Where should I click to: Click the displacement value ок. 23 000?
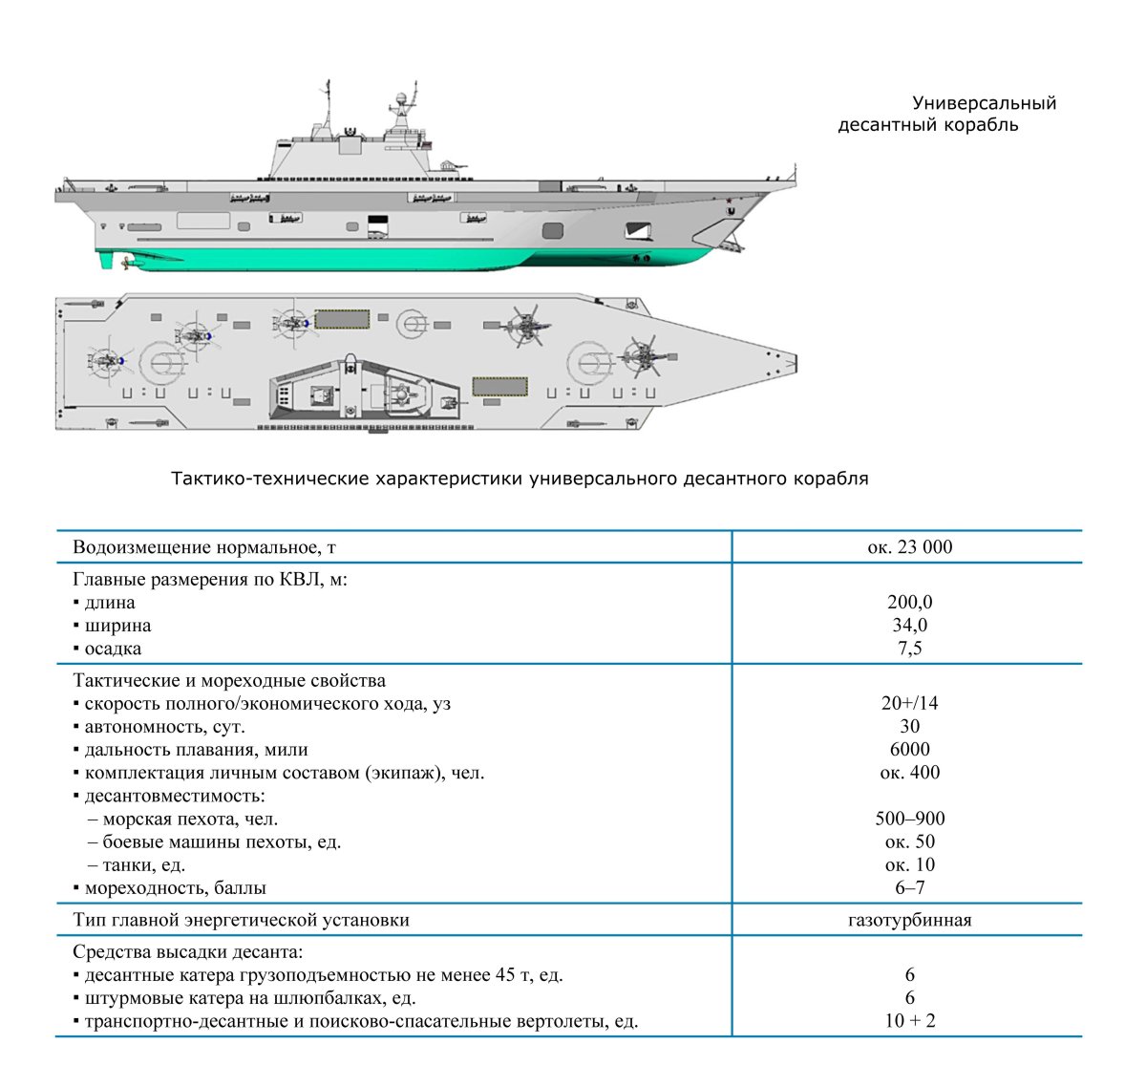[x=909, y=547]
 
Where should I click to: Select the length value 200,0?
[x=909, y=603]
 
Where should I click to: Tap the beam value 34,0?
[x=909, y=626]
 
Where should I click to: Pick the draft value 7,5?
[x=909, y=649]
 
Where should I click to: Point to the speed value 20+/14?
[x=909, y=703]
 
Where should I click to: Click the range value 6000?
[x=909, y=750]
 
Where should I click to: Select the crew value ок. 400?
[x=909, y=773]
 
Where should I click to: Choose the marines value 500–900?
[x=909, y=819]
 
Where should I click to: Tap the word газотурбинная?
[x=909, y=921]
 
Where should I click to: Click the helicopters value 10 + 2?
[x=909, y=1021]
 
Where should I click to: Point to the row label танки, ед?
[x=143, y=865]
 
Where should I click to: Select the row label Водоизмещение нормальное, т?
[x=204, y=547]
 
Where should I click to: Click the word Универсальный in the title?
[x=984, y=103]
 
